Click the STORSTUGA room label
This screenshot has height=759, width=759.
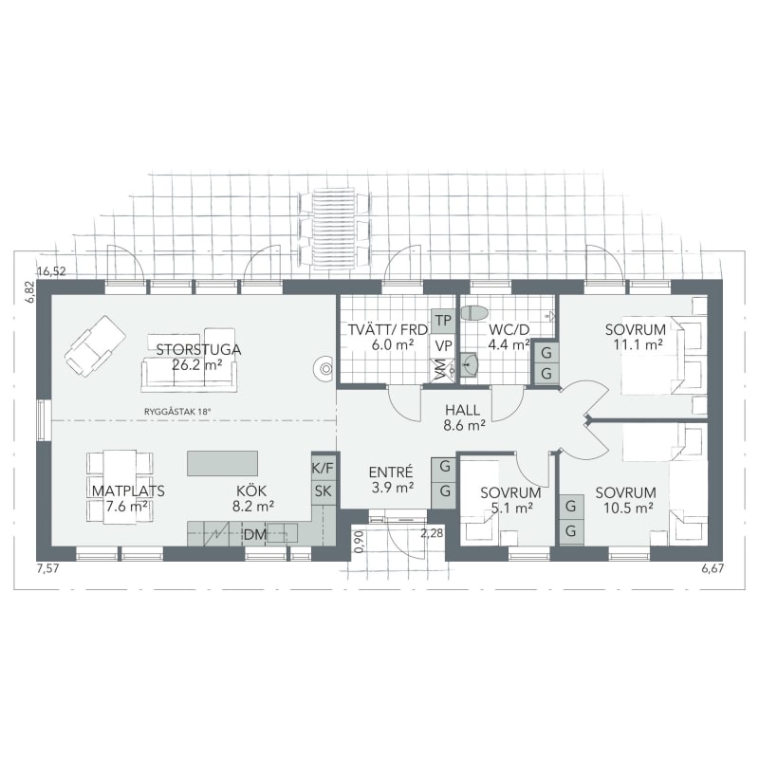198,349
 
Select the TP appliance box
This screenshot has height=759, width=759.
443,321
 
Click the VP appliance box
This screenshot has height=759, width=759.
443,345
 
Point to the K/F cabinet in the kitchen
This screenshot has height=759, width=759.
324,468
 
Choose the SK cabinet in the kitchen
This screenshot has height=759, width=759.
324,491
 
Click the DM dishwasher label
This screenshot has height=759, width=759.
254,535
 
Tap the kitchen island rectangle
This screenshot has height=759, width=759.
223,463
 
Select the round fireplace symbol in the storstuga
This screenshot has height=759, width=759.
324,369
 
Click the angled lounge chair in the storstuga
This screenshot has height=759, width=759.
96,346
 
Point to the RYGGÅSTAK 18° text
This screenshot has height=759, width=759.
178,412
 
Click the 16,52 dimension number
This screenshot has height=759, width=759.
51,271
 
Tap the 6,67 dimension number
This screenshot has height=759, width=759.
713,568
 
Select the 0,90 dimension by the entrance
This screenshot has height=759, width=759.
359,542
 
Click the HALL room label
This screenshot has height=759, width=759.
463,410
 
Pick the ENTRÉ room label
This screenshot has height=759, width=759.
391,472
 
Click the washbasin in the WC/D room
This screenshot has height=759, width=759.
469,364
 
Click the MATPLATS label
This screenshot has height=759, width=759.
128,491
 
